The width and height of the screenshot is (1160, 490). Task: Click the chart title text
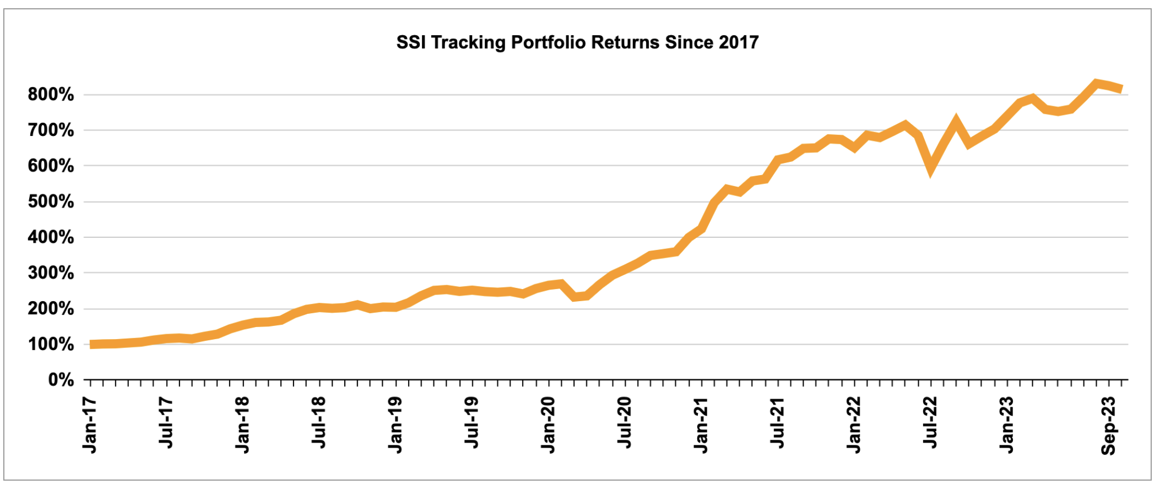577,42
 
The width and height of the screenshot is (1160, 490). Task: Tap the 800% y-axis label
51,95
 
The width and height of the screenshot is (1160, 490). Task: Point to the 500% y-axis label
51,202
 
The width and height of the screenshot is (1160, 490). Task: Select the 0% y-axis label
61,380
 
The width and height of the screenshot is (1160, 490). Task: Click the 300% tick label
51,273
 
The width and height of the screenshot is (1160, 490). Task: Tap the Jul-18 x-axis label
319,422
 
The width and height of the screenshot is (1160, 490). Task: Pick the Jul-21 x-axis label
777,422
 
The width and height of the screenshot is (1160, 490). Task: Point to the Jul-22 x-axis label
930,422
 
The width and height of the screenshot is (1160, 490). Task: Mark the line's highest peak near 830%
1096,83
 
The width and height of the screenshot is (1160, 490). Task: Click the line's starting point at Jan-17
91,344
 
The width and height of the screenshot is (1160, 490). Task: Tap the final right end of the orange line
1121,89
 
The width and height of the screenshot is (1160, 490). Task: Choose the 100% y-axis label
51,345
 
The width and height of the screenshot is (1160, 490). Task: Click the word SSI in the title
410,42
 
